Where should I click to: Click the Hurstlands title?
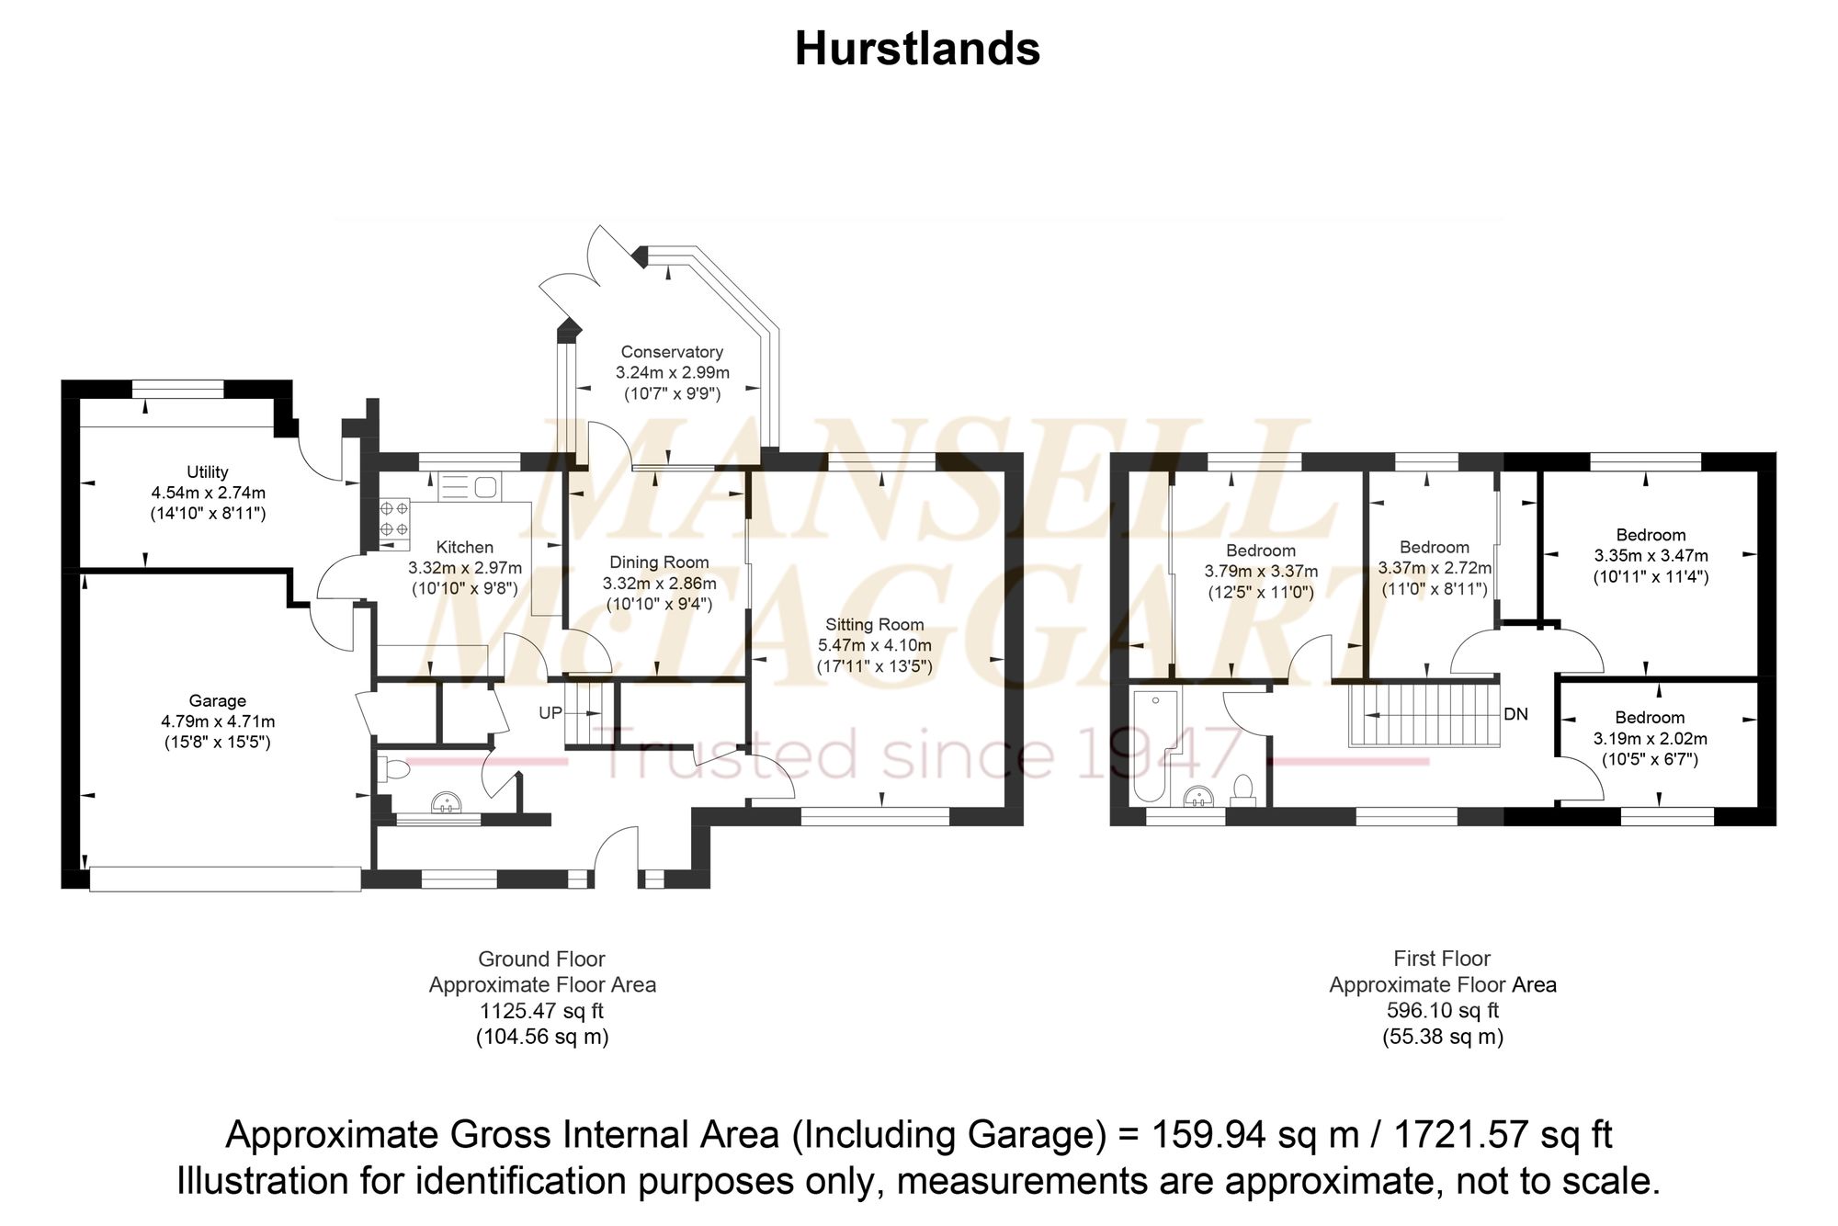click(x=917, y=49)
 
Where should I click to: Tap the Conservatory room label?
click(x=672, y=352)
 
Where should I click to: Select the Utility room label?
click(x=208, y=472)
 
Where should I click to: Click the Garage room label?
click(x=218, y=701)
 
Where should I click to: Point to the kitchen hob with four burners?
click(x=395, y=518)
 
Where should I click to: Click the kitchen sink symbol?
click(x=468, y=486)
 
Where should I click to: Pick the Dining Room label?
click(x=660, y=562)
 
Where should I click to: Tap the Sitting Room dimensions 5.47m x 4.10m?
click(x=875, y=645)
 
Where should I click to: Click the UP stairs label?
click(x=550, y=712)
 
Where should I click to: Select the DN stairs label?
click(x=1515, y=714)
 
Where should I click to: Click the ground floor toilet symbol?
click(x=392, y=769)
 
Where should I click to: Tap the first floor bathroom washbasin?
click(x=1199, y=797)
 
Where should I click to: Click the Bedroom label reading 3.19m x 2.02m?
click(x=1651, y=718)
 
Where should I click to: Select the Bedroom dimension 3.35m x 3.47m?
click(x=1651, y=556)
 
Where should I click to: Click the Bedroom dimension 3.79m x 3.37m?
click(x=1261, y=572)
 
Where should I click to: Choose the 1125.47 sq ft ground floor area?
click(x=542, y=1011)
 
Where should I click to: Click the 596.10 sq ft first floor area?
click(x=1443, y=1011)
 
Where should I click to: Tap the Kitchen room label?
click(x=465, y=547)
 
